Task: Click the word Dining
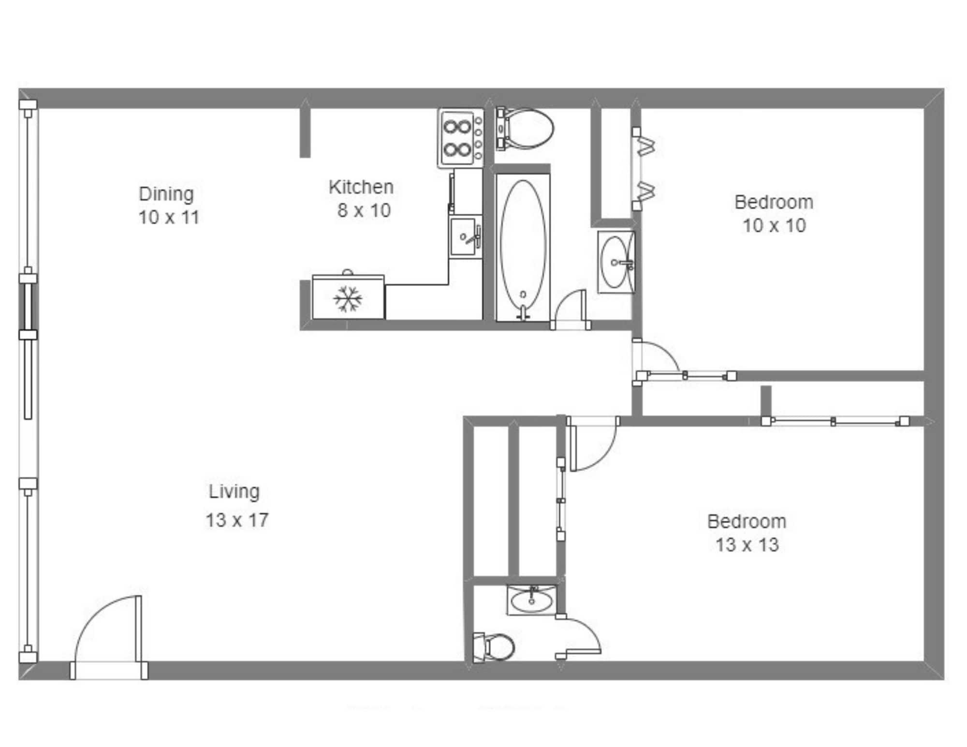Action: click(x=166, y=194)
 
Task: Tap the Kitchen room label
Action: click(x=361, y=187)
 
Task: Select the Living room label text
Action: click(x=234, y=491)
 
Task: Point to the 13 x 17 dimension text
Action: click(x=236, y=520)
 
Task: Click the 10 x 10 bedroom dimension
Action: click(x=774, y=226)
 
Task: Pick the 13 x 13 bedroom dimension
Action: click(x=747, y=545)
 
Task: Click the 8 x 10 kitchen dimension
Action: click(x=364, y=210)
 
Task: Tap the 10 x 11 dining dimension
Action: click(x=169, y=218)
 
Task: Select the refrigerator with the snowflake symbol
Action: click(x=348, y=297)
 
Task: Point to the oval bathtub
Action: click(x=523, y=247)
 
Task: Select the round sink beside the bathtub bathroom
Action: click(x=615, y=262)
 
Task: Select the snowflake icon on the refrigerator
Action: click(x=348, y=299)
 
